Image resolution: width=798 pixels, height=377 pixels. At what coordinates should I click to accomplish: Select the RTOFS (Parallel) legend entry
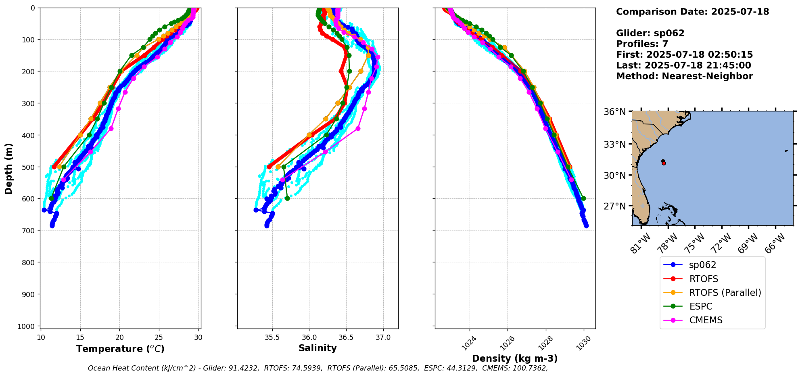pos(725,293)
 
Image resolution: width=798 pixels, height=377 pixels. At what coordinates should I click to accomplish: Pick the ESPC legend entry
pos(700,306)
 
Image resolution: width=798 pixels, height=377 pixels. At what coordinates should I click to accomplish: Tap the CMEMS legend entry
pos(705,320)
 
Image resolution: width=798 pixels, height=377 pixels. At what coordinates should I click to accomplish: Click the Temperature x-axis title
pos(120,349)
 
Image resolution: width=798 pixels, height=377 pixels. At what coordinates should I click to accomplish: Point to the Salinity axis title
pos(318,348)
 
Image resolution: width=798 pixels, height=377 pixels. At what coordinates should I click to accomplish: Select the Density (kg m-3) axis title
pos(515,358)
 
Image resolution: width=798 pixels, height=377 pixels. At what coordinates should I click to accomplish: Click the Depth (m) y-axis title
pos(9,168)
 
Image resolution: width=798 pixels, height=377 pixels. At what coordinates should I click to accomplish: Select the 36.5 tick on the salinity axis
pos(346,337)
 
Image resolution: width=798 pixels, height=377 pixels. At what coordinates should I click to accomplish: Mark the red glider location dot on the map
pos(664,163)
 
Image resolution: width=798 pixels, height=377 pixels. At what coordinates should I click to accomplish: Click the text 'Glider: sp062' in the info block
pos(650,33)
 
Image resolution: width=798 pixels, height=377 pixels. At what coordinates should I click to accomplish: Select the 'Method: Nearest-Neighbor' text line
pos(684,76)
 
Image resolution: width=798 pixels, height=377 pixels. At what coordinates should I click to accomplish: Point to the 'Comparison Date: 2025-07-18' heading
pos(692,12)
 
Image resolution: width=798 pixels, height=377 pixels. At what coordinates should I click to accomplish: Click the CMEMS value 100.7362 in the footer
pos(530,368)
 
